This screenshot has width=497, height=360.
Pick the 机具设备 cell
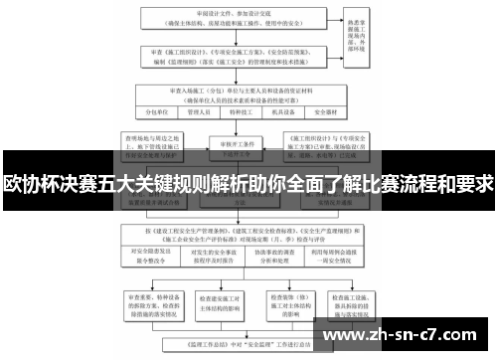point(289,112)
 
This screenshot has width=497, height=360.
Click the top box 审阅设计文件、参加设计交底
point(245,19)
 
